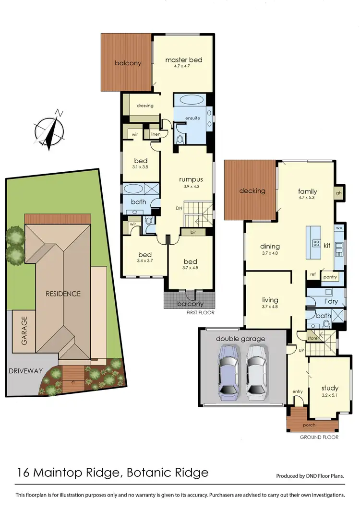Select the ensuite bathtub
(x=192, y=101)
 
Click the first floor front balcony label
(x=191, y=304)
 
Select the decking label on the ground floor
(x=252, y=191)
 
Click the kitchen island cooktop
(x=316, y=243)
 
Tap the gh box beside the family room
(x=339, y=193)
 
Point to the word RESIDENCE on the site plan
(x=63, y=294)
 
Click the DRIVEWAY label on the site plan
(x=25, y=371)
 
